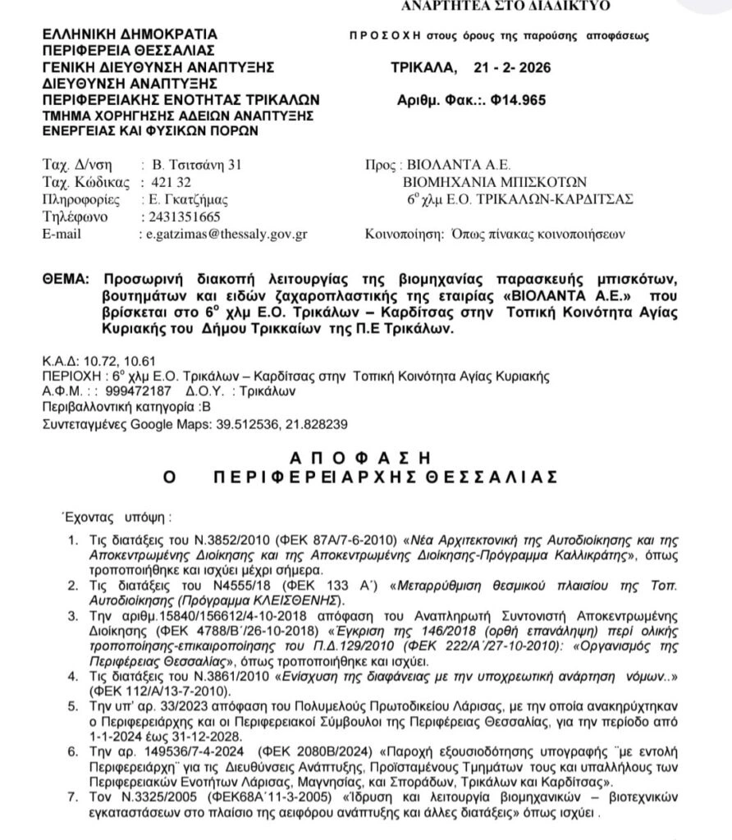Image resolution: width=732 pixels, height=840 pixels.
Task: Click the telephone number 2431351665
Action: point(181,217)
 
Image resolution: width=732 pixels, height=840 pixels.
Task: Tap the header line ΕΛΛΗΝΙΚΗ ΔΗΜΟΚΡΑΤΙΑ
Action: point(130,34)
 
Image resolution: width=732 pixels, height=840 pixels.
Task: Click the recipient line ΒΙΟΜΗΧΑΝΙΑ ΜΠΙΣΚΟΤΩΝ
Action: point(495,181)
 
